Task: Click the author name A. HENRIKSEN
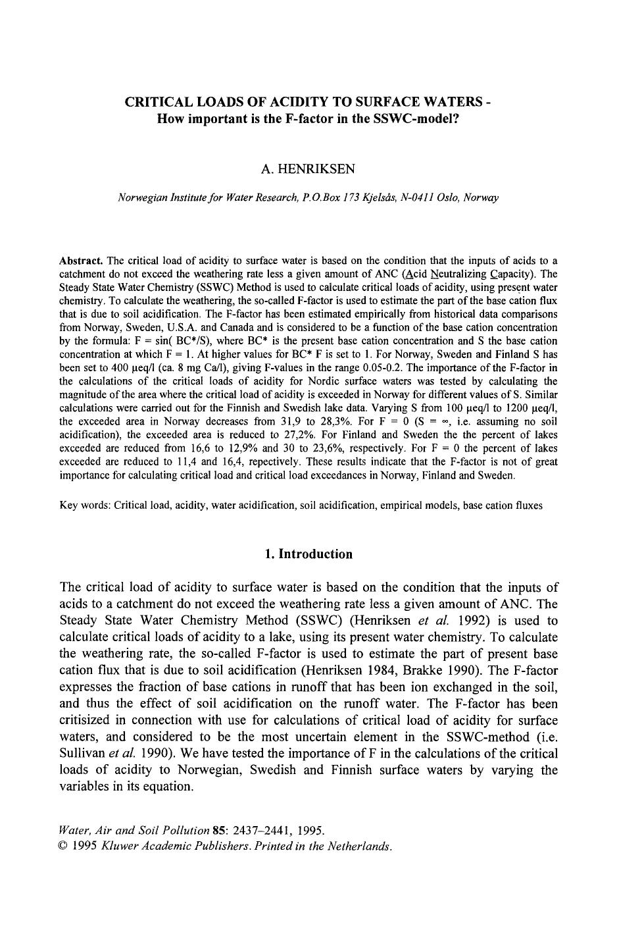(308, 169)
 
